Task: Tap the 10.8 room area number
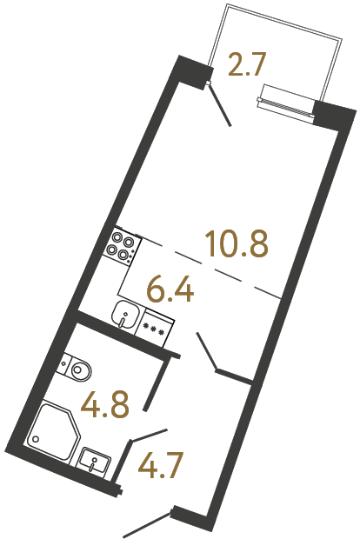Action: (236, 245)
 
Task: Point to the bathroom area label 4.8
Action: (106, 403)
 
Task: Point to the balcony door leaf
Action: (221, 105)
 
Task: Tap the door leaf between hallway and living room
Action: (208, 352)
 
